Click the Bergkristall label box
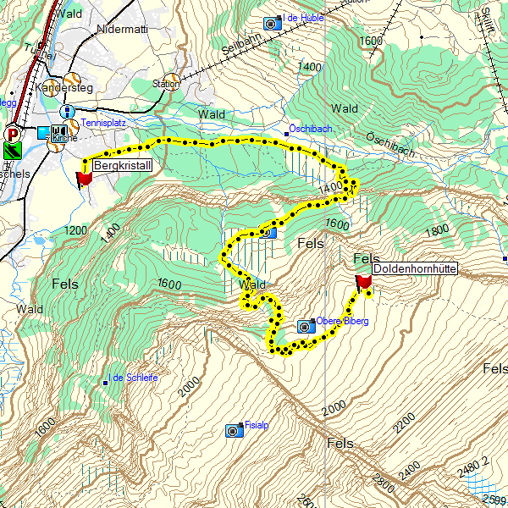[122, 165]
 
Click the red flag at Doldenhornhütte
[364, 282]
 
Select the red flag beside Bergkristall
[85, 179]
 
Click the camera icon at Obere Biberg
[306, 325]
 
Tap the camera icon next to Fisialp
[233, 431]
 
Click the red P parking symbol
[12, 133]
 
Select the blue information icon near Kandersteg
[66, 112]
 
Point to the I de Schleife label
[134, 378]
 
